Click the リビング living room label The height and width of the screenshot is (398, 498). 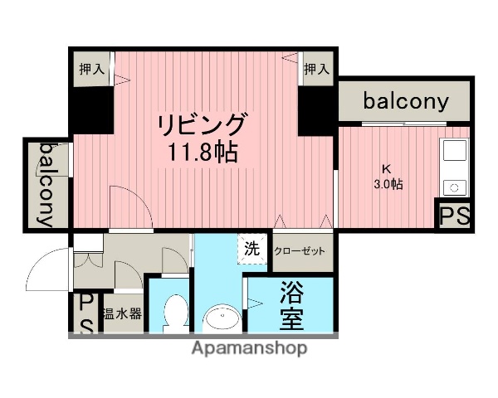203,125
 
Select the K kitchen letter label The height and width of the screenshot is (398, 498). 386,167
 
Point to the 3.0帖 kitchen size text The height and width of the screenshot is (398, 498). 387,184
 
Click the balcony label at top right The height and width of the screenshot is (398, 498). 406,103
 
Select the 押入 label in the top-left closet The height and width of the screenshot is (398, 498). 91,69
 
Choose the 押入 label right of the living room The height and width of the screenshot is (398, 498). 315,69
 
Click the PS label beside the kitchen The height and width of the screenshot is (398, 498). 455,217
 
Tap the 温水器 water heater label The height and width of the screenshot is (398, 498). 122,314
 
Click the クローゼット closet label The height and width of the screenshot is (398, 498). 300,250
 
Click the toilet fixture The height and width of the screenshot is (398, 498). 175,314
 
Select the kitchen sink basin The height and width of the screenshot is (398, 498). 454,152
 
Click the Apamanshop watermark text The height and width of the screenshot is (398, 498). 249,348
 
